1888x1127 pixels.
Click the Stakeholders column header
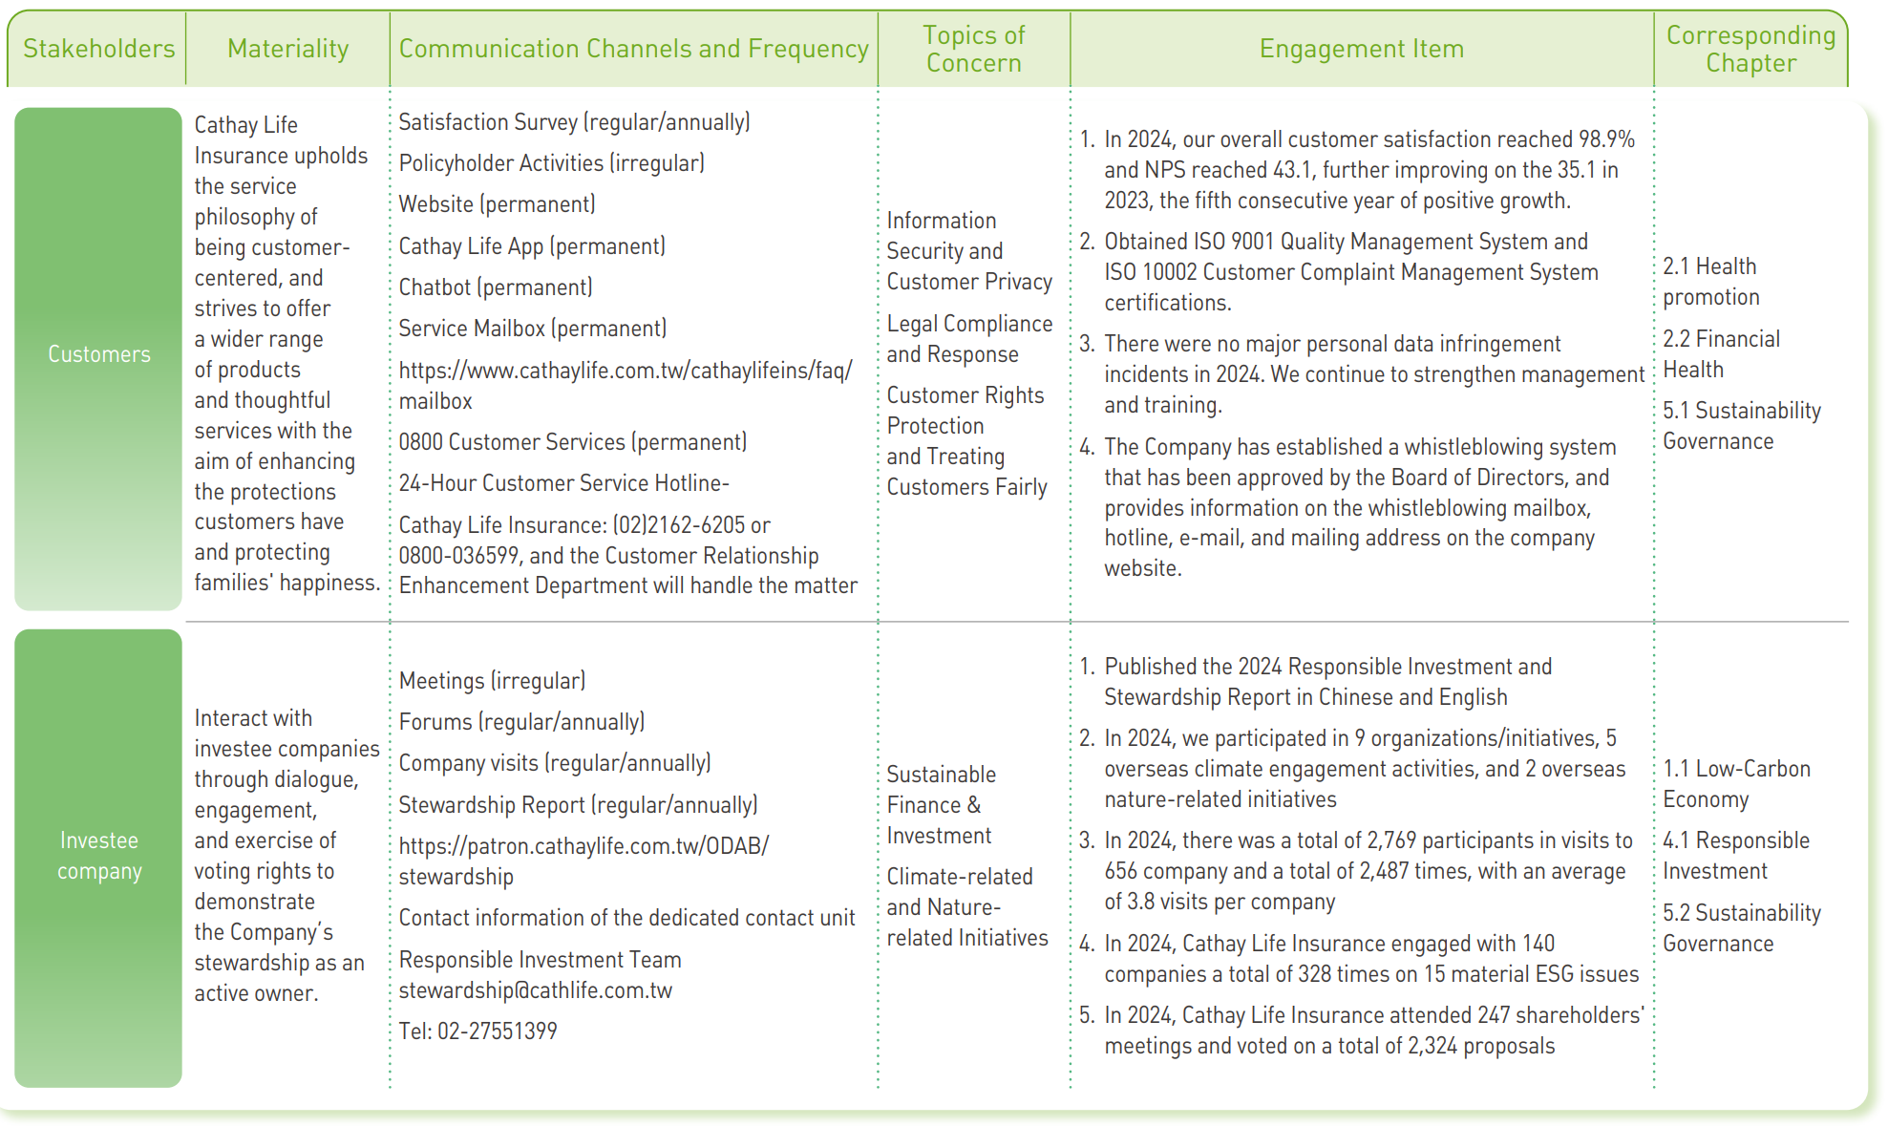[x=98, y=49]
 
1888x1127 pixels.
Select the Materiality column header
[x=287, y=49]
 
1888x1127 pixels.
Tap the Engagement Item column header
[x=1361, y=49]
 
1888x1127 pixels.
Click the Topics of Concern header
[x=973, y=49]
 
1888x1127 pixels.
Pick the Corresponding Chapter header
[x=1750, y=49]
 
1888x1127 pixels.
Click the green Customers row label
[x=98, y=354]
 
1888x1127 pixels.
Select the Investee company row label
[x=98, y=856]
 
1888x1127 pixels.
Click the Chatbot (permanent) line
[x=496, y=287]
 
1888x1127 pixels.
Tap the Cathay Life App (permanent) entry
[x=532, y=246]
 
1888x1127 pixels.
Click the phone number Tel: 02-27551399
[x=477, y=1031]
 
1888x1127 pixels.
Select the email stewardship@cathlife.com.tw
[x=535, y=990]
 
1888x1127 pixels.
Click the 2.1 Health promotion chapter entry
[x=1710, y=282]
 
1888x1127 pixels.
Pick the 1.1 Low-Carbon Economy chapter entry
[x=1736, y=784]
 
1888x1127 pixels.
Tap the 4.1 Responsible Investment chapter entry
[x=1735, y=856]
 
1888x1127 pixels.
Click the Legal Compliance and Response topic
[x=968, y=339]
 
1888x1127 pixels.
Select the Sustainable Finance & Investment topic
[x=941, y=805]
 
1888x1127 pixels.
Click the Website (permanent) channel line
[x=497, y=204]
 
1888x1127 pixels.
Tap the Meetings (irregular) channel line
[x=492, y=681]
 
